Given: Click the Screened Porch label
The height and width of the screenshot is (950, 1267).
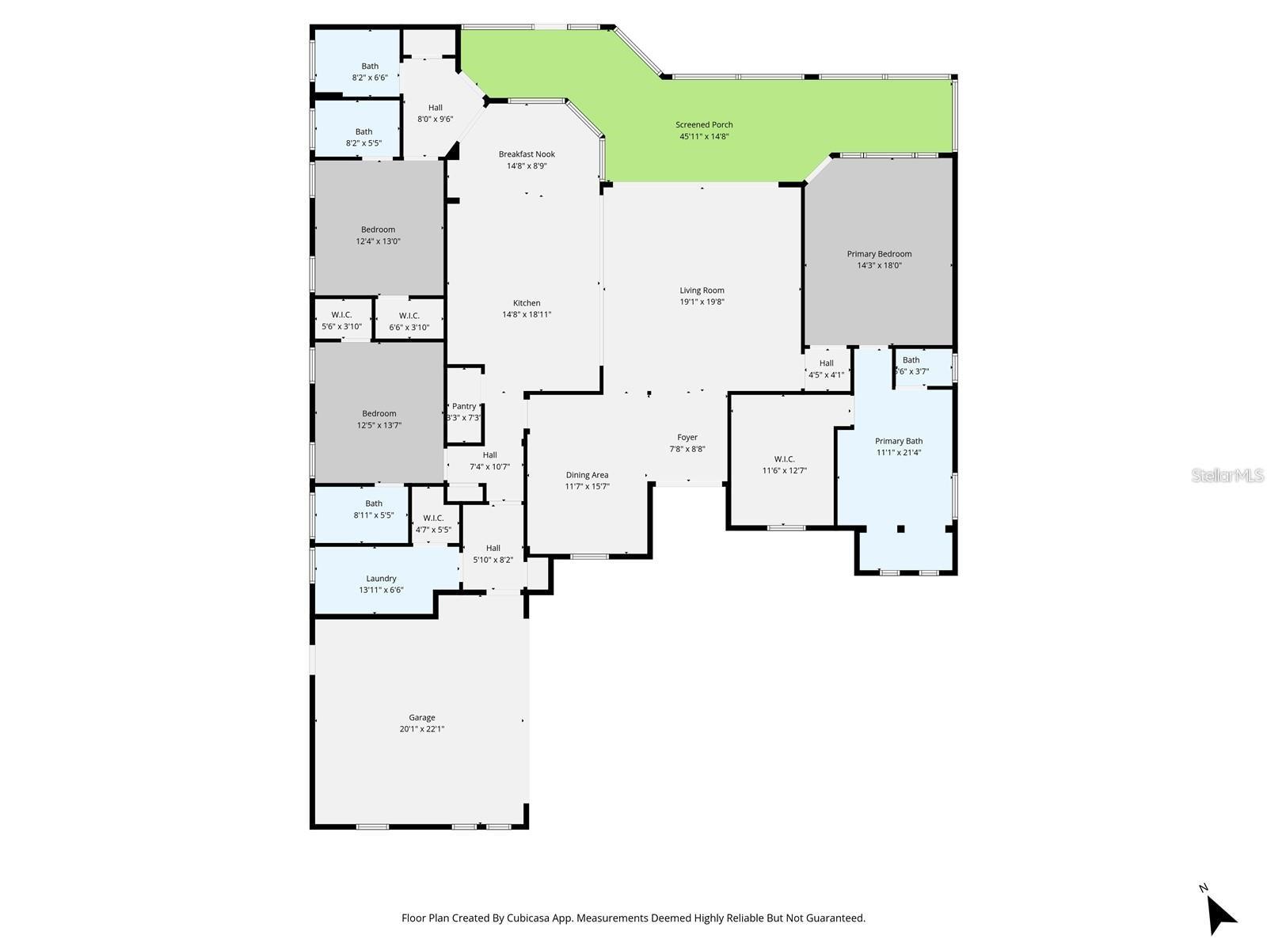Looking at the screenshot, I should pos(703,124).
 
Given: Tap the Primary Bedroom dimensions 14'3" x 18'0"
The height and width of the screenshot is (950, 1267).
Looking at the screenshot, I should pos(879,266).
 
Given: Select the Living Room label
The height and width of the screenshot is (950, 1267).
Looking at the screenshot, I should pos(702,291).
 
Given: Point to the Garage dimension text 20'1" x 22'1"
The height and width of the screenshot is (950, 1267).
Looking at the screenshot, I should pos(421,729).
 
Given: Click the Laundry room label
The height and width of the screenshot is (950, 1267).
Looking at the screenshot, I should pos(381,579).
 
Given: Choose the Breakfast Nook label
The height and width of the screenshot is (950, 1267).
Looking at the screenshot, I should pos(527,154).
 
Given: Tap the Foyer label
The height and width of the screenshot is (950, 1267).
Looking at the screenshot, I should pos(687,437).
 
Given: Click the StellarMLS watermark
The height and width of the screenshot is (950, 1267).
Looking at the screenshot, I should pos(1228,475).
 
